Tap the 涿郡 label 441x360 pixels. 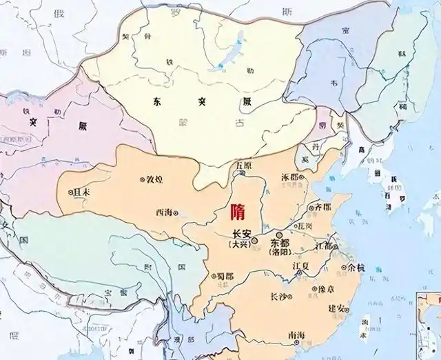point(291,177)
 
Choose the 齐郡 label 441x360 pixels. point(322,206)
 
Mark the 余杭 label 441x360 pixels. point(357,266)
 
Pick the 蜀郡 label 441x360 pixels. point(225,276)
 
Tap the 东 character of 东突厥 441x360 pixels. point(158,101)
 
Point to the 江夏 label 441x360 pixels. point(302,265)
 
